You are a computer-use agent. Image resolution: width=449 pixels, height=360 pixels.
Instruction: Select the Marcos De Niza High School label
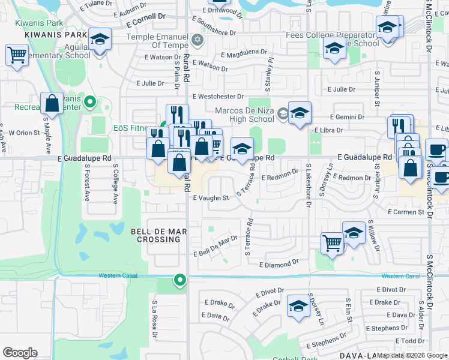tap(245, 114)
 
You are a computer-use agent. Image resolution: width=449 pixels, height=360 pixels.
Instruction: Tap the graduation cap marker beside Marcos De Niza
tap(300, 113)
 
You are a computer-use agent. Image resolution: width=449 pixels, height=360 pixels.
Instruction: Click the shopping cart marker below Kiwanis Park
tap(17, 55)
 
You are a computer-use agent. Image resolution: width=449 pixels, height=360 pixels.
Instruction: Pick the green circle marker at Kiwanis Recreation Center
tap(90, 101)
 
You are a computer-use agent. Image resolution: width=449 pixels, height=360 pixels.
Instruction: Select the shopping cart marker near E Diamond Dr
tap(332, 243)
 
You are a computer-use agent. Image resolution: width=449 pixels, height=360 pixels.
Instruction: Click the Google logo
tap(19, 353)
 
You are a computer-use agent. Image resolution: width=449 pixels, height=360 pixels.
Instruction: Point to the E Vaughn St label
tap(211, 198)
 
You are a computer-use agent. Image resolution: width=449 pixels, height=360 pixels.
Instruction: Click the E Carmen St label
tap(406, 212)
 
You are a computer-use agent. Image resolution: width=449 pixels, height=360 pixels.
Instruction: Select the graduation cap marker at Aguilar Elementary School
tap(100, 40)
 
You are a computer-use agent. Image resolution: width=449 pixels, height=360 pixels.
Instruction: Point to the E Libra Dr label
tap(328, 130)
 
